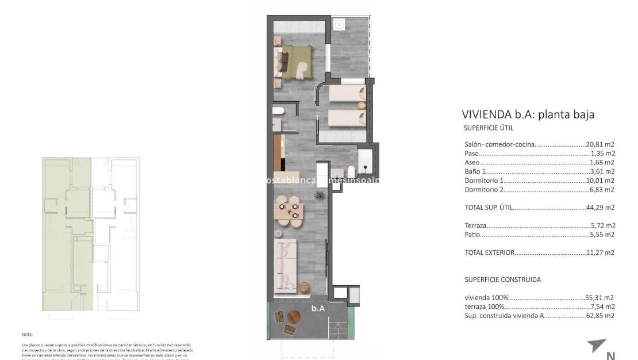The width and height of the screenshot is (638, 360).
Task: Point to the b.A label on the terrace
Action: coord(318,308)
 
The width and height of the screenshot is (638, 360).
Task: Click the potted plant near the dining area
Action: coord(317,197)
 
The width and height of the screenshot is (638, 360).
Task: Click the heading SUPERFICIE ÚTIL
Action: coord(488,128)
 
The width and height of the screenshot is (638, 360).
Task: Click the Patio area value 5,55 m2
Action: coord(602,235)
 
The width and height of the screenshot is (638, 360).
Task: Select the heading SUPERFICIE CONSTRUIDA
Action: coord(502,279)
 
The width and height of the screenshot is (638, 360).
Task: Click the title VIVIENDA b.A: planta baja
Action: coord(528,114)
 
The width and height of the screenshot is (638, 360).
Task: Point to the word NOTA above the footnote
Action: coord(28,334)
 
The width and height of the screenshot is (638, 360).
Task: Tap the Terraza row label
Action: coord(475,225)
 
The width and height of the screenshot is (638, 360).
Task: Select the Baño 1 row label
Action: coord(475,171)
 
